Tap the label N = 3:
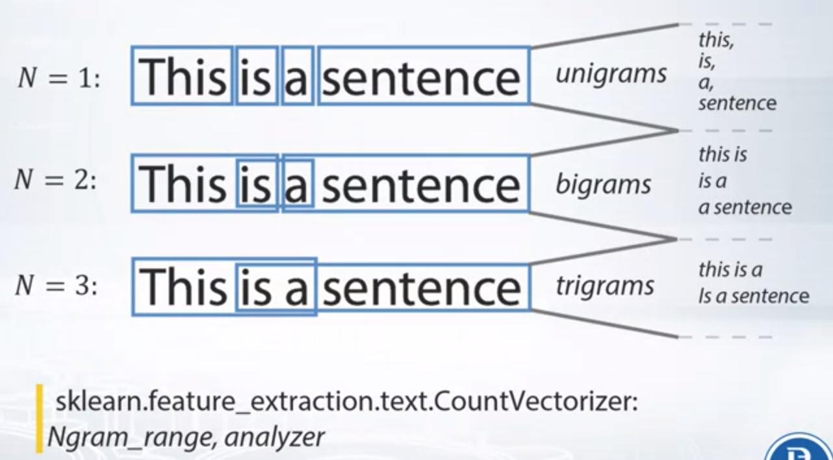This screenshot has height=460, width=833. (x=57, y=286)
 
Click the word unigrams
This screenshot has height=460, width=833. (x=611, y=74)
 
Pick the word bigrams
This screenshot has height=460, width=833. (x=603, y=184)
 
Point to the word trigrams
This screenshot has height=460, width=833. (x=605, y=286)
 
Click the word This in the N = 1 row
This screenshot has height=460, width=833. (x=182, y=77)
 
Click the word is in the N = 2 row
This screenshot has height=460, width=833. (x=256, y=184)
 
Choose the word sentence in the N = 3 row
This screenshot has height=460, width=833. (x=422, y=289)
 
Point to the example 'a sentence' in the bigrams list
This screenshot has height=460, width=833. (x=745, y=207)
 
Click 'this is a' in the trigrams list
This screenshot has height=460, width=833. (x=730, y=270)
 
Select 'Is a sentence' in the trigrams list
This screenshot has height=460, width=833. (x=754, y=296)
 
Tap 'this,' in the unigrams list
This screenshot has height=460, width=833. (x=717, y=40)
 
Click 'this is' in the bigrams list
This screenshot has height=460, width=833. (x=723, y=155)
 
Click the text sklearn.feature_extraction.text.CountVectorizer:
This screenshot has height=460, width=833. (x=346, y=402)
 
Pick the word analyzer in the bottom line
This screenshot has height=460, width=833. (x=274, y=437)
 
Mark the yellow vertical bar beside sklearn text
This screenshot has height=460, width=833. (x=40, y=418)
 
